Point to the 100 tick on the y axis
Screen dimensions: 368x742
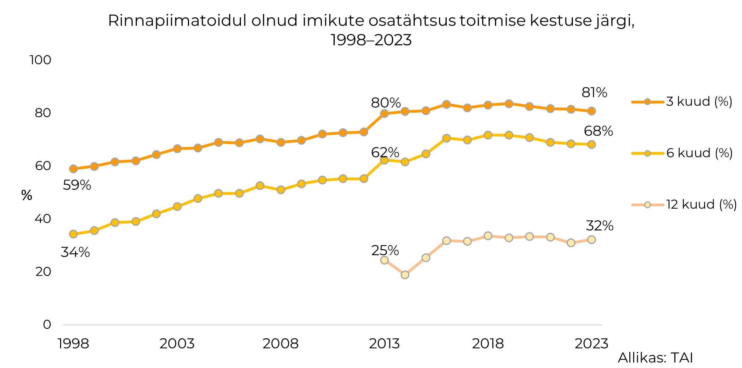(x=40, y=60)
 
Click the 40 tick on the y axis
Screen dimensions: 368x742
(x=43, y=219)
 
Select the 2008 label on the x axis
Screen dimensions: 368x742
(x=280, y=344)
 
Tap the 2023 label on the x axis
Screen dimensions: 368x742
(x=591, y=344)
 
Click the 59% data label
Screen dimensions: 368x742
(x=77, y=185)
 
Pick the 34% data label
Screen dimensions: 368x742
(x=75, y=252)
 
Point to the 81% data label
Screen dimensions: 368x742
(x=594, y=93)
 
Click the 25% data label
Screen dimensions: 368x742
(x=385, y=251)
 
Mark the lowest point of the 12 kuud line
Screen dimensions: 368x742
(x=405, y=275)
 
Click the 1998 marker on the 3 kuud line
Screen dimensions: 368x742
(x=73, y=169)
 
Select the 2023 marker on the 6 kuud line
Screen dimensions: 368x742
(x=591, y=145)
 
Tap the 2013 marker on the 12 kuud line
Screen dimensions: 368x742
(x=384, y=260)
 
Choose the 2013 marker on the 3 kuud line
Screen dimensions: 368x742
(x=384, y=113)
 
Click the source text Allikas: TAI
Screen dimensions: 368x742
(x=655, y=358)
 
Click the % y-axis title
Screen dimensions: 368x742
(x=27, y=195)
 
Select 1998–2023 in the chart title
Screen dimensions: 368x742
(x=371, y=40)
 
